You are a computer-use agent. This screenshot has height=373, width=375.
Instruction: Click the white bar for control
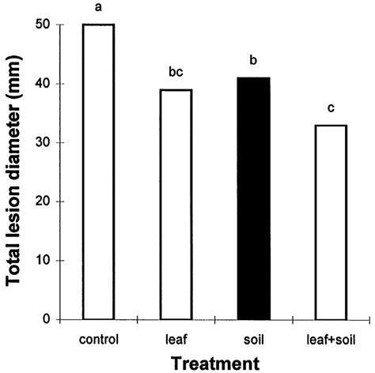[100, 171]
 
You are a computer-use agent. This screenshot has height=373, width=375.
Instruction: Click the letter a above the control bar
[100, 9]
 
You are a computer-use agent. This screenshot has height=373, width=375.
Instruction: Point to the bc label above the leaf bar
[176, 73]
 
